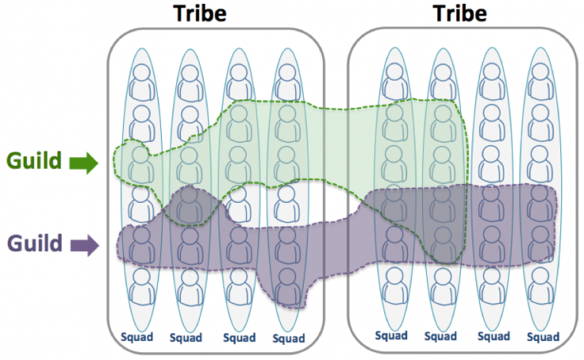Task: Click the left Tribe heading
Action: coord(200,13)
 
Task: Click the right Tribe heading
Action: coord(459,13)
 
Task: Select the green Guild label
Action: coord(34,160)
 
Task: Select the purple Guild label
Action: coord(34,243)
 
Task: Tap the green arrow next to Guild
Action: coord(84,163)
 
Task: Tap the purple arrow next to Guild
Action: coord(84,246)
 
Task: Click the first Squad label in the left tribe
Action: coord(137,337)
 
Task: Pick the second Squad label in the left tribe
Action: coord(185,338)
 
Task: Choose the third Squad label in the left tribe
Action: coord(239,338)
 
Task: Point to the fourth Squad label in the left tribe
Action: coord(289,339)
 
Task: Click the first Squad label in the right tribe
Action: coord(391,336)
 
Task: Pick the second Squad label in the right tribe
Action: coord(440,336)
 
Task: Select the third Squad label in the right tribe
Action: coord(494,336)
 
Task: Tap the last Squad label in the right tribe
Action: coord(543,337)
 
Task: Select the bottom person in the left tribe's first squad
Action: coord(141,287)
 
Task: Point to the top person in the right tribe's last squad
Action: coord(540,81)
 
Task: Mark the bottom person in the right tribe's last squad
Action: coord(540,286)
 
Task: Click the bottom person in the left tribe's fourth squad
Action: coord(287,287)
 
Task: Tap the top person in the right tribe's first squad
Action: coord(395,81)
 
